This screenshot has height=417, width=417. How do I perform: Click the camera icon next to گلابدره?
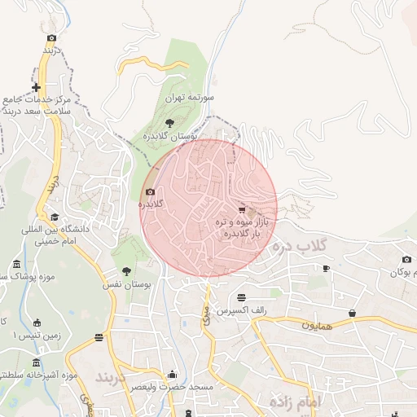pyautogui.click(x=149, y=193)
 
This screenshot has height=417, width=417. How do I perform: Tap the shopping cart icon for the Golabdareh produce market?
pyautogui.click(x=241, y=208)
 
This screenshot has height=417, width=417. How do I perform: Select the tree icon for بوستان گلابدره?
pyautogui.click(x=169, y=123)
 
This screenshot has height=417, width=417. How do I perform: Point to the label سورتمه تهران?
pyautogui.click(x=190, y=97)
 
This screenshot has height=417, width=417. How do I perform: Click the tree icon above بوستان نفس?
pyautogui.click(x=126, y=271)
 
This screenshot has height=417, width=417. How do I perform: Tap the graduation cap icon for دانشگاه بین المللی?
pyautogui.click(x=55, y=217)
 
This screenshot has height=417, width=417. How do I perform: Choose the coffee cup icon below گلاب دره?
pyautogui.click(x=326, y=268)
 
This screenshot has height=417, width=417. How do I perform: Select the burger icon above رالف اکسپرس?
pyautogui.click(x=241, y=298)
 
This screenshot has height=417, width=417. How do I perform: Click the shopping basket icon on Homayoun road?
pyautogui.click(x=352, y=313)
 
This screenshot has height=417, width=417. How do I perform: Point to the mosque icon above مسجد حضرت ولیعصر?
pyautogui.click(x=171, y=375)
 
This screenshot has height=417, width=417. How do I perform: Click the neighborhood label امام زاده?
pyautogui.click(x=294, y=402)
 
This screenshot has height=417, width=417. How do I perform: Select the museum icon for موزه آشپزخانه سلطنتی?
pyautogui.click(x=35, y=362)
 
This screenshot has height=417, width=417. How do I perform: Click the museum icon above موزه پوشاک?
pyautogui.click(x=17, y=265)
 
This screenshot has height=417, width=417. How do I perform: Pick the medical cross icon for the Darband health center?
pyautogui.click(x=36, y=87)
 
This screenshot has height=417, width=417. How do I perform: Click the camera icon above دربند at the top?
pyautogui.click(x=52, y=37)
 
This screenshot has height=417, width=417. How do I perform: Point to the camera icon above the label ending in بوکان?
pyautogui.click(x=406, y=260)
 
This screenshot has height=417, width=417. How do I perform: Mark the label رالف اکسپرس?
pyautogui.click(x=243, y=311)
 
